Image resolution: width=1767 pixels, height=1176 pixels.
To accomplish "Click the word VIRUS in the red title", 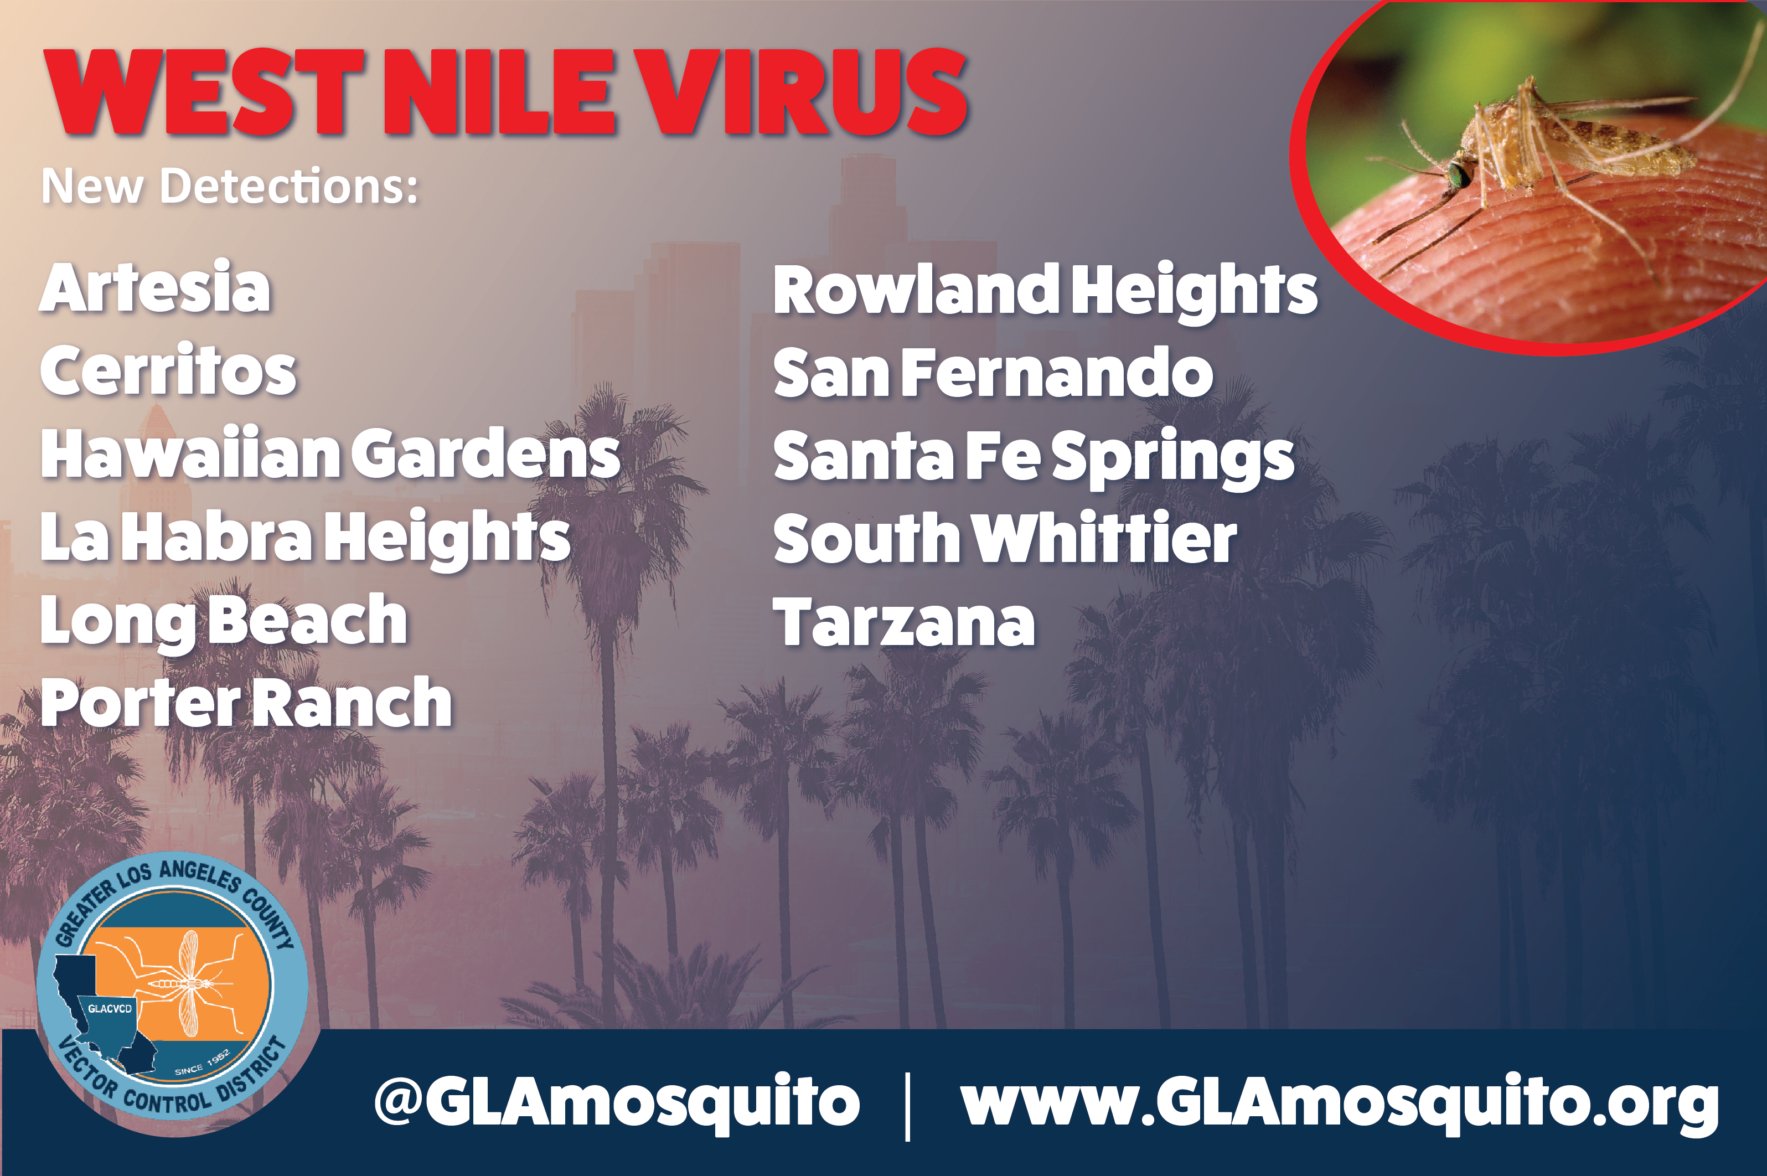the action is click(x=806, y=92).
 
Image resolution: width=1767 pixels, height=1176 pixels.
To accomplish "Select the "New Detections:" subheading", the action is click(x=229, y=186).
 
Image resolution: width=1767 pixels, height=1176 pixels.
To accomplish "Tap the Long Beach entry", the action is click(x=224, y=622).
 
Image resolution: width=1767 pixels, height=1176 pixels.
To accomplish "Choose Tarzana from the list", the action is click(x=904, y=621).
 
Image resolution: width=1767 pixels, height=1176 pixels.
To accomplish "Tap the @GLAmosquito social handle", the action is click(x=617, y=1102).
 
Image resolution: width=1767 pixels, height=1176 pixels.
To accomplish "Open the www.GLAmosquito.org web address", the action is click(x=1340, y=1102).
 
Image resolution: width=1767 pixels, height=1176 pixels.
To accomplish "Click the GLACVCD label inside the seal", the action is click(x=110, y=1009).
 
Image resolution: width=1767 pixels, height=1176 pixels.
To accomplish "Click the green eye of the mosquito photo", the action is click(x=1459, y=175).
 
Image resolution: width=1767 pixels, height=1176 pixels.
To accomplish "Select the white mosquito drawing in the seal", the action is click(x=188, y=983).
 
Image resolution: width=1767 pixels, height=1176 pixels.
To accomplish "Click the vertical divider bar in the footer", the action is click(x=908, y=1106).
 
